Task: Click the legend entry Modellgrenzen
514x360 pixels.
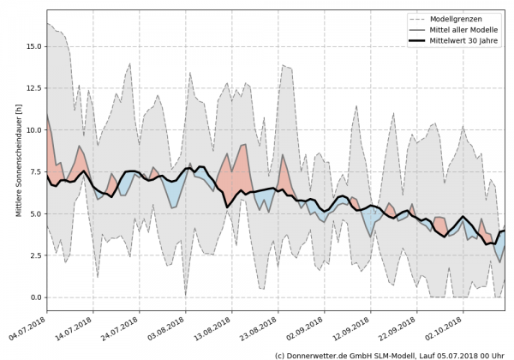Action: click(464, 18)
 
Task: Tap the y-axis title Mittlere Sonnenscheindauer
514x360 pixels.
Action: click(18, 171)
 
